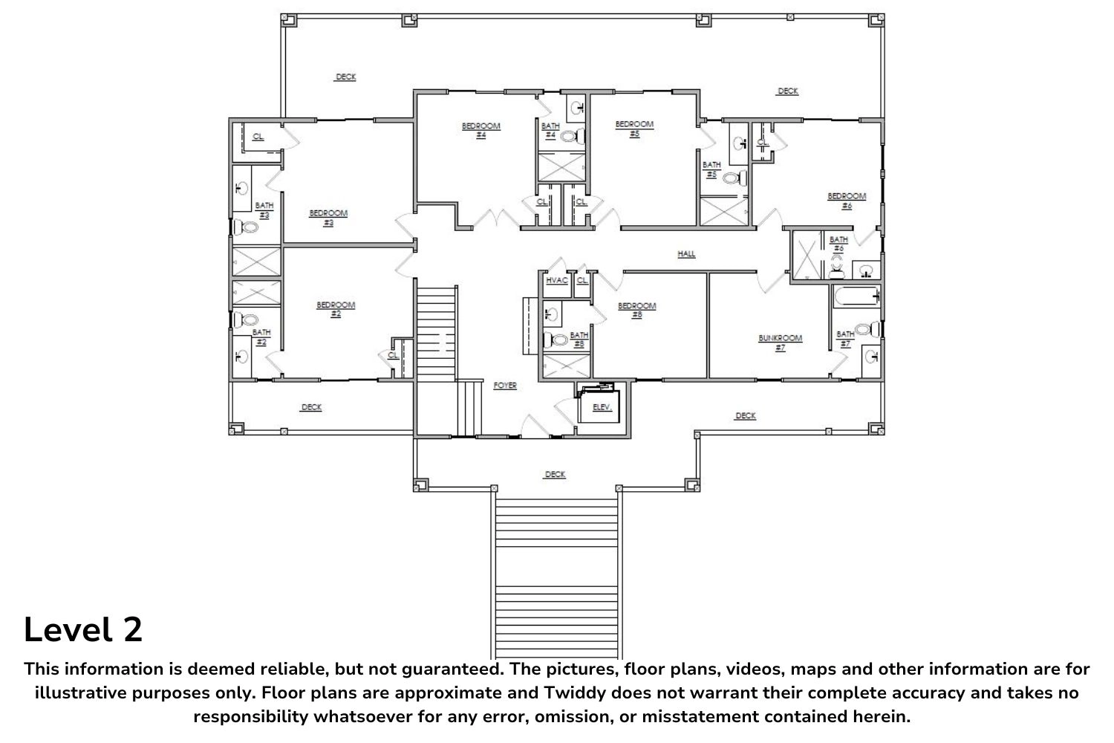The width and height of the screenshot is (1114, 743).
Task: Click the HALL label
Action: pos(686,254)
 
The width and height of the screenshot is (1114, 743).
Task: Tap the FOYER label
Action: pos(505,386)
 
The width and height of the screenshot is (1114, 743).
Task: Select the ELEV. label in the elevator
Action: pos(602,408)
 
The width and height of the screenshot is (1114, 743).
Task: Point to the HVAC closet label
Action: pos(556,281)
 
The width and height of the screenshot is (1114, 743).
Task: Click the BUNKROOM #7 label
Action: pos(781,343)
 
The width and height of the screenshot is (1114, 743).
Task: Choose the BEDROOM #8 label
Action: pos(637,310)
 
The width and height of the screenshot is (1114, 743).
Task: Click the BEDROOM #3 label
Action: pos(328,218)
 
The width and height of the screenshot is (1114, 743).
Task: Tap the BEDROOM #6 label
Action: pos(847,201)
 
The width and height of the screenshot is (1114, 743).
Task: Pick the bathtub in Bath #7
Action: pos(856,297)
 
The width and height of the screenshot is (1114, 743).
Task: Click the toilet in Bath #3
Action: pos(246,227)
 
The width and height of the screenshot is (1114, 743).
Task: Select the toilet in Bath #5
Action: pos(734,178)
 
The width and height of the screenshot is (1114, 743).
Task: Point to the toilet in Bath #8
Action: pos(556,340)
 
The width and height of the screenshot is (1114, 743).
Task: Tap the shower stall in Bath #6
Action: pos(806,255)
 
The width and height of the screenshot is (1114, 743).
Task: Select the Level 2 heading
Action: pos(83,629)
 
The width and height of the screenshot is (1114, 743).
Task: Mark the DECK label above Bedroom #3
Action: pos(345,77)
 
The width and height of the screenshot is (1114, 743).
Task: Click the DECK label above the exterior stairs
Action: pos(555,474)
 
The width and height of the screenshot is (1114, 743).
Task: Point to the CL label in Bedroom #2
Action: pos(393,355)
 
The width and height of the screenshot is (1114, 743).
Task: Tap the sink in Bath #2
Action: pos(242,357)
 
